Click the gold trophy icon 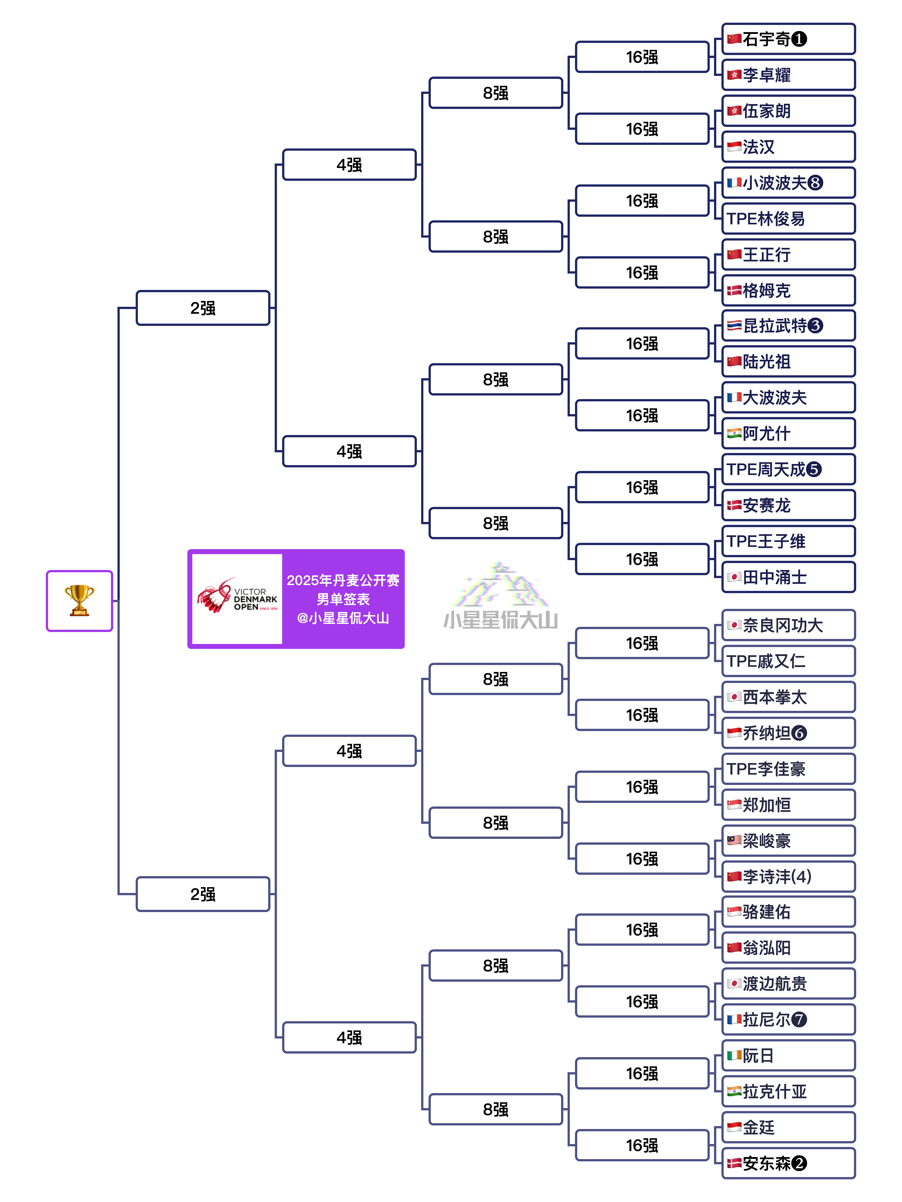coord(79,601)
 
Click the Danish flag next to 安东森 coord(734,1163)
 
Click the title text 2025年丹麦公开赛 coord(343,580)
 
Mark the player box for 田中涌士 coord(788,577)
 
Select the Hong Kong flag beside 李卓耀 coord(734,74)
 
